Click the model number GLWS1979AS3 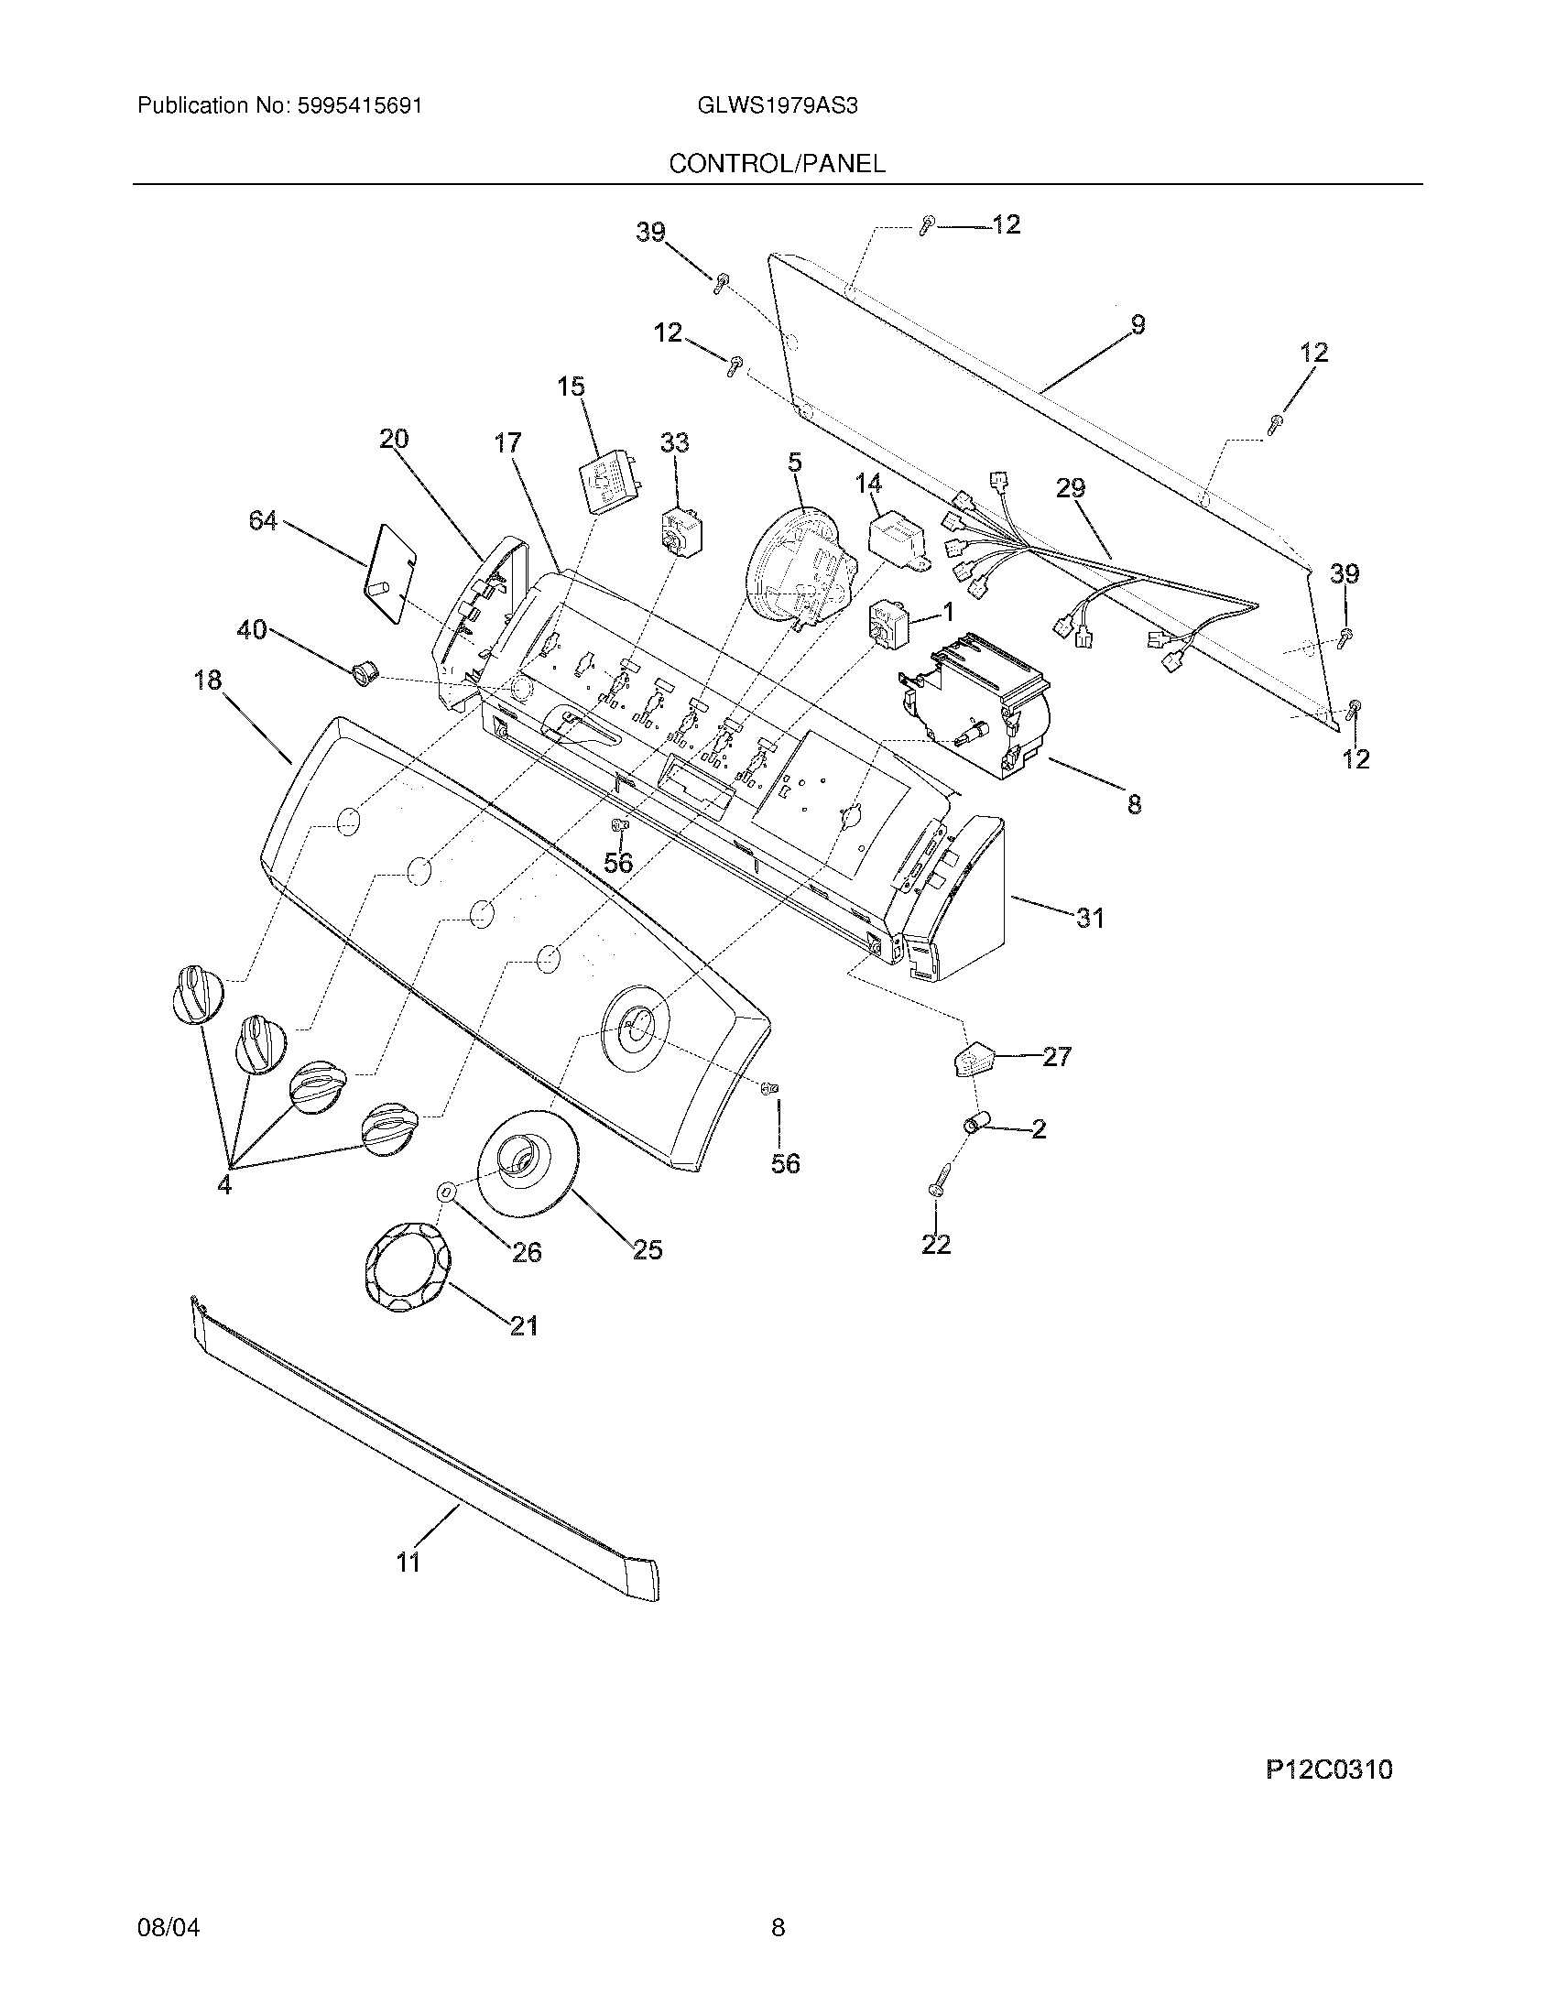pos(778,105)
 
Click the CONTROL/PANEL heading pos(777,163)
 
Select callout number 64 pos(263,521)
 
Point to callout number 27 pos(1056,1055)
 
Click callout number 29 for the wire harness pos(1070,488)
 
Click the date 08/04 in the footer pos(168,1926)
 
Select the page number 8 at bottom pos(778,1926)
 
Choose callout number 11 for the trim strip pos(408,1562)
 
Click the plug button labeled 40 pos(359,670)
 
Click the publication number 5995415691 pos(360,105)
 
